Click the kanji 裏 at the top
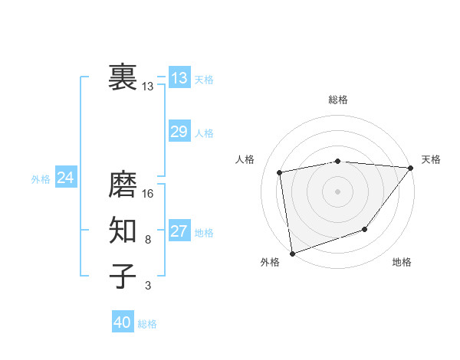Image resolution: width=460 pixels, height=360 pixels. [123, 77]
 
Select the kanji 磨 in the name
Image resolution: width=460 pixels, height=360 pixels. [123, 185]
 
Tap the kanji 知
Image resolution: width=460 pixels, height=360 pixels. [123, 231]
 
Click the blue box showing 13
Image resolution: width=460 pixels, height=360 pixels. [179, 77]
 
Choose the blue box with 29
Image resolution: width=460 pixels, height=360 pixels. [179, 131]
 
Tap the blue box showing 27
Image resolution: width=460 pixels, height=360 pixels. [179, 231]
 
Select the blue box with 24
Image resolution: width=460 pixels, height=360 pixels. [65, 178]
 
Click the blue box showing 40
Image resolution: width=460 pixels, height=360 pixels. [123, 322]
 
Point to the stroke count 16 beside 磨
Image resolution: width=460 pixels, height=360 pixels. [148, 194]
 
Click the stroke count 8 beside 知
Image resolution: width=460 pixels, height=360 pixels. [148, 240]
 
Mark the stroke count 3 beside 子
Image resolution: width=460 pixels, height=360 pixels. [148, 286]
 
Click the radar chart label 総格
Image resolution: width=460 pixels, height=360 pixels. [338, 100]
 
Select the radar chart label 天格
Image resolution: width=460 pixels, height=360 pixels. [431, 159]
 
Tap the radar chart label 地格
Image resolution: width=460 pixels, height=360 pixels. [402, 262]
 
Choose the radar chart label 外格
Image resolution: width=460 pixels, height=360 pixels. [270, 262]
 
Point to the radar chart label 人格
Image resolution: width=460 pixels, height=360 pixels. [245, 159]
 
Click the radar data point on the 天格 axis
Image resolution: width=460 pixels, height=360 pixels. [410, 168]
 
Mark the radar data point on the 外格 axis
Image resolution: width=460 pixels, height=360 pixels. [292, 253]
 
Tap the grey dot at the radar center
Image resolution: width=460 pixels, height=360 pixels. [337, 191]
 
